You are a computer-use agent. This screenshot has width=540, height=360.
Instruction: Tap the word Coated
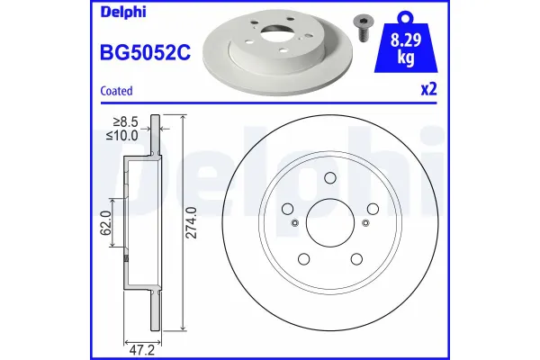116,91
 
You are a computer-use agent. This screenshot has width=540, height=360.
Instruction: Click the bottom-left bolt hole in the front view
303,260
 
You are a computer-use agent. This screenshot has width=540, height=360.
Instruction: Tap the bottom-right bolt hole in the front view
355,260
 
